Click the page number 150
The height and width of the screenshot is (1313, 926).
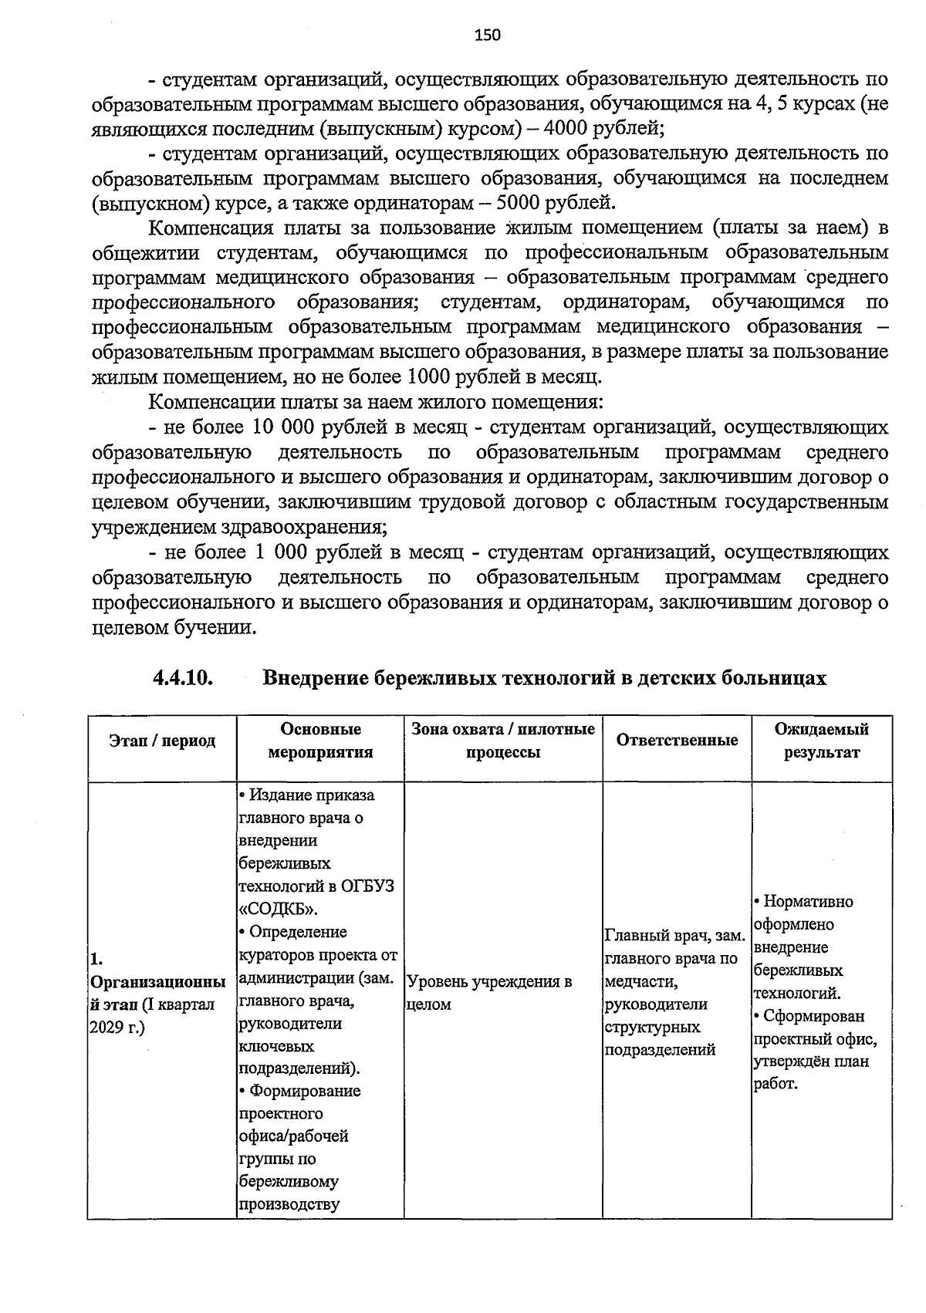point(488,35)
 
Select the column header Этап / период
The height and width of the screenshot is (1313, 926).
point(162,741)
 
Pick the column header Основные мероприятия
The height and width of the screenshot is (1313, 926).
point(320,741)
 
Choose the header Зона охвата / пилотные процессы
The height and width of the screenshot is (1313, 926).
point(503,741)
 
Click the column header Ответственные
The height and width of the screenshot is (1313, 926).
point(677,741)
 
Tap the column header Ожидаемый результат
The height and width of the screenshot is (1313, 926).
point(822,741)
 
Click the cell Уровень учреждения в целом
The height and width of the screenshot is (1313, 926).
point(488,994)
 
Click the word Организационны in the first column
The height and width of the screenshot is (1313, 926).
point(158,983)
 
